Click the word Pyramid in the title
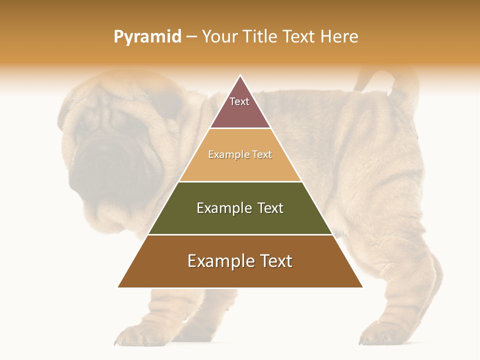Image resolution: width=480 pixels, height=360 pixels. point(147,36)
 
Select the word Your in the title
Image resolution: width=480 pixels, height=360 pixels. point(219,36)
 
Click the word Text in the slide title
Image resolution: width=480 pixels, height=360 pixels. point(299,36)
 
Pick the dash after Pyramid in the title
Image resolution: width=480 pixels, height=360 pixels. point(191,37)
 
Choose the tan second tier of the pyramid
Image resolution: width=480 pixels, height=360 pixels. point(240,167)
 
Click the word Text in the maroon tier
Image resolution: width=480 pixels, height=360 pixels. point(239,101)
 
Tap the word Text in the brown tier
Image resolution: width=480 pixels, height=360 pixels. point(274,261)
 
